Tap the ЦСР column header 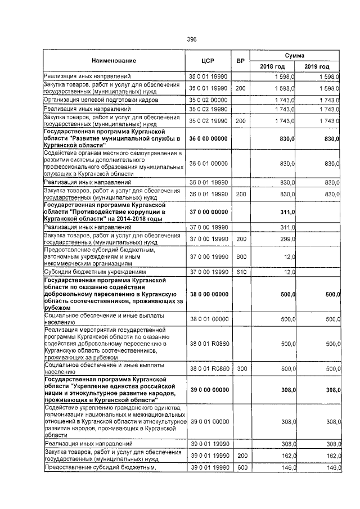[x=209, y=60]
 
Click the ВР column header [x=240, y=60]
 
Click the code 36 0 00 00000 [x=209, y=138]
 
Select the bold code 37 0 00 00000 [x=209, y=211]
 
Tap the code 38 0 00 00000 [x=209, y=294]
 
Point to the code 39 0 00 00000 [x=209, y=390]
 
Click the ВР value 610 [x=240, y=272]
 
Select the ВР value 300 [x=240, y=368]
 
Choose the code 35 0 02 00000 [x=209, y=100]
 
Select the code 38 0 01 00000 [x=209, y=319]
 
